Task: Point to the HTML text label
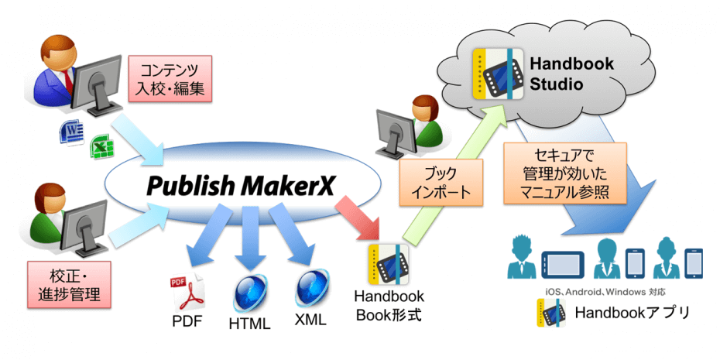pyautogui.click(x=249, y=324)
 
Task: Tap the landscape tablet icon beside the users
pyautogui.click(x=561, y=262)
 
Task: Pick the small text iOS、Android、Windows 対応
pyautogui.click(x=606, y=292)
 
